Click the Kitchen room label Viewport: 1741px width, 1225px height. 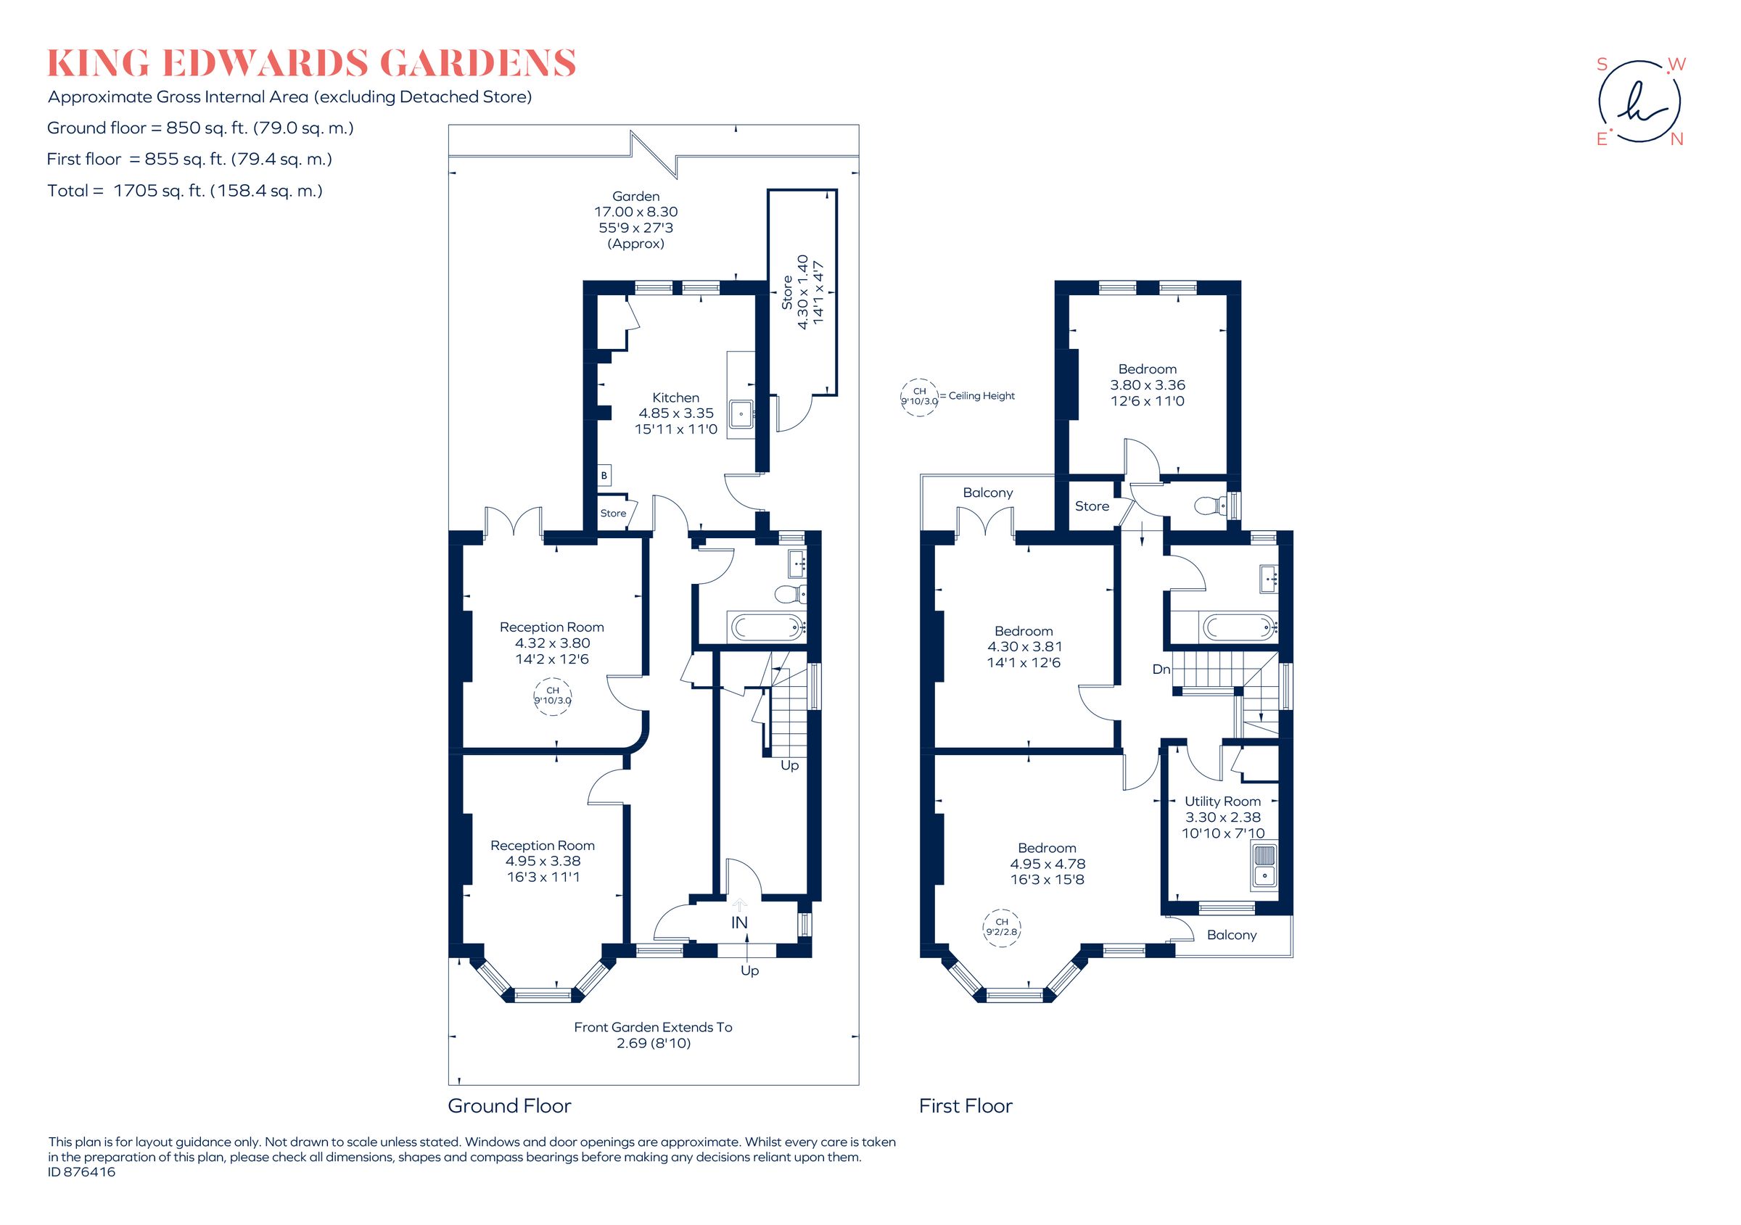point(675,397)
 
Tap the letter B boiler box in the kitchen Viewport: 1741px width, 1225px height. point(604,475)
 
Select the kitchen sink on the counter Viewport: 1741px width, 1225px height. point(740,413)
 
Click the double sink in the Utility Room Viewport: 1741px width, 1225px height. point(1264,865)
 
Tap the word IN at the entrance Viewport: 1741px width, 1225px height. point(738,923)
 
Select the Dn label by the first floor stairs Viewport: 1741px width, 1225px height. point(1161,669)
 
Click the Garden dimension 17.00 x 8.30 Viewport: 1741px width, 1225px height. point(635,213)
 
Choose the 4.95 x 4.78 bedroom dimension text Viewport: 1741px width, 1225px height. point(1048,863)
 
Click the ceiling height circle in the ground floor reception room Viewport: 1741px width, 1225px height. point(553,695)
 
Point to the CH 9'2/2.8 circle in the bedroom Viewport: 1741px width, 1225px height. point(1000,926)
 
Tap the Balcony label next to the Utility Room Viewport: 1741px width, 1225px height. point(1232,935)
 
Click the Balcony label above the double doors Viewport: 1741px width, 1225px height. point(987,492)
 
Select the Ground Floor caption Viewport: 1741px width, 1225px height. point(509,1106)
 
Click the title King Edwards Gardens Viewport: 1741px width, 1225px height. point(312,64)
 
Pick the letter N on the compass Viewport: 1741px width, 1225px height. point(1676,139)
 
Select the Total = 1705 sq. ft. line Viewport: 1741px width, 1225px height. point(185,191)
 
